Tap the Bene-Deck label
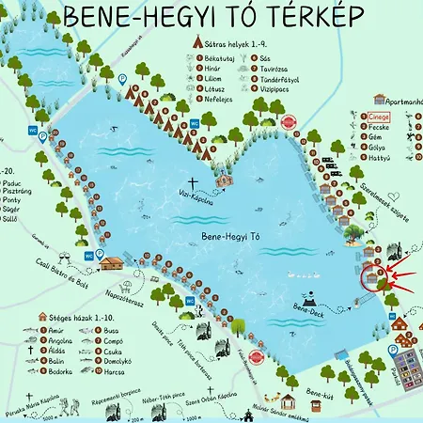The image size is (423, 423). point(307,307)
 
